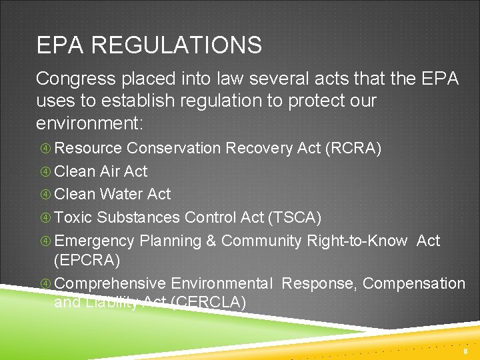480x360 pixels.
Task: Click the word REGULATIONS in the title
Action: tap(177, 45)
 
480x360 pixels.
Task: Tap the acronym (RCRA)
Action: tap(353, 148)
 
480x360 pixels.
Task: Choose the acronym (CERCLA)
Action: tap(209, 303)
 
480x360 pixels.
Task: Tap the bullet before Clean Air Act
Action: tap(45, 172)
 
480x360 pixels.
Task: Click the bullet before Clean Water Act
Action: tap(45, 195)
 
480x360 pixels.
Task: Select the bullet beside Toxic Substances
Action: tap(45, 218)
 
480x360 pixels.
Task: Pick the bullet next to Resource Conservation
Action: tap(45, 149)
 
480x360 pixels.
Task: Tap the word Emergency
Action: tap(94, 241)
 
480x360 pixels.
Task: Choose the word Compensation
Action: tap(414, 283)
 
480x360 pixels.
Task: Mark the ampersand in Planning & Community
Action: tap(211, 241)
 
